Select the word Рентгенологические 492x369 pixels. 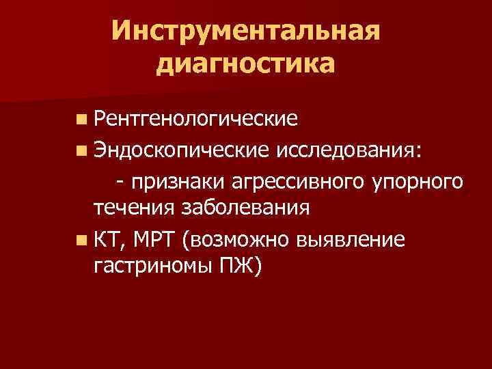tap(196, 120)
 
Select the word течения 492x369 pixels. tap(133, 208)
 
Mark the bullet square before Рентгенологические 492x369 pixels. tap(82, 120)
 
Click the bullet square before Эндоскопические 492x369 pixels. tap(82, 150)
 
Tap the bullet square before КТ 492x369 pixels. tap(82, 240)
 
